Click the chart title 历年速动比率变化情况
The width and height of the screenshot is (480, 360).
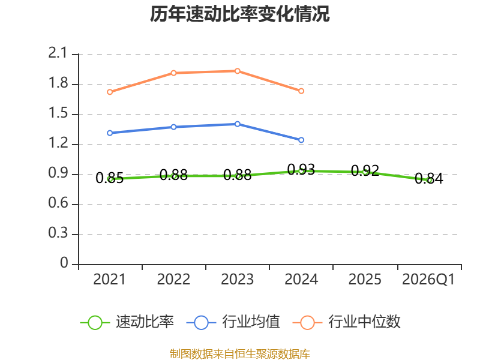coord(239,14)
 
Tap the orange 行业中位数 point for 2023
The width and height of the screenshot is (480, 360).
coord(237,71)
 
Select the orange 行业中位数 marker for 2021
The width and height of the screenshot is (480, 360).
coord(110,92)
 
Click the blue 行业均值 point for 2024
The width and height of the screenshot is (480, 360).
coord(301,140)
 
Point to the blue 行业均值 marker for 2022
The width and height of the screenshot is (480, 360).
coord(173,127)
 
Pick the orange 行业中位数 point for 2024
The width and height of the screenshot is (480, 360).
coord(301,91)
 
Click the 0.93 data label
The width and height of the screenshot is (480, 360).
coord(301,169)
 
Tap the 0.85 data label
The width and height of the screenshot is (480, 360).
coord(110,178)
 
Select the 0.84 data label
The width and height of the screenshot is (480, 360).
coord(429,178)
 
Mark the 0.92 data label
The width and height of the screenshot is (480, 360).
coord(365,170)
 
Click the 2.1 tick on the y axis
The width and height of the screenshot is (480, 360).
coord(58,53)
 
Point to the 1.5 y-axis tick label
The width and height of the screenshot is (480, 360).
coord(58,113)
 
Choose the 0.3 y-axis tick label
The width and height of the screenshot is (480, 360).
coord(58,233)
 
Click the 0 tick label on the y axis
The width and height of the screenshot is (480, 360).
coord(64,263)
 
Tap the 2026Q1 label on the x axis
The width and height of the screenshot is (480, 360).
coord(428,280)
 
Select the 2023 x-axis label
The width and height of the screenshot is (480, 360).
coord(237,280)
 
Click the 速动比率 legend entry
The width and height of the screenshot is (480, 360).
coord(127,322)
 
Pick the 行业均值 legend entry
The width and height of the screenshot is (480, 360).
coord(233,322)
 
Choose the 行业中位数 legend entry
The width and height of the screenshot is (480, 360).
coord(347,322)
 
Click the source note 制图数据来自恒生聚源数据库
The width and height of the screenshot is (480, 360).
coord(240,354)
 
